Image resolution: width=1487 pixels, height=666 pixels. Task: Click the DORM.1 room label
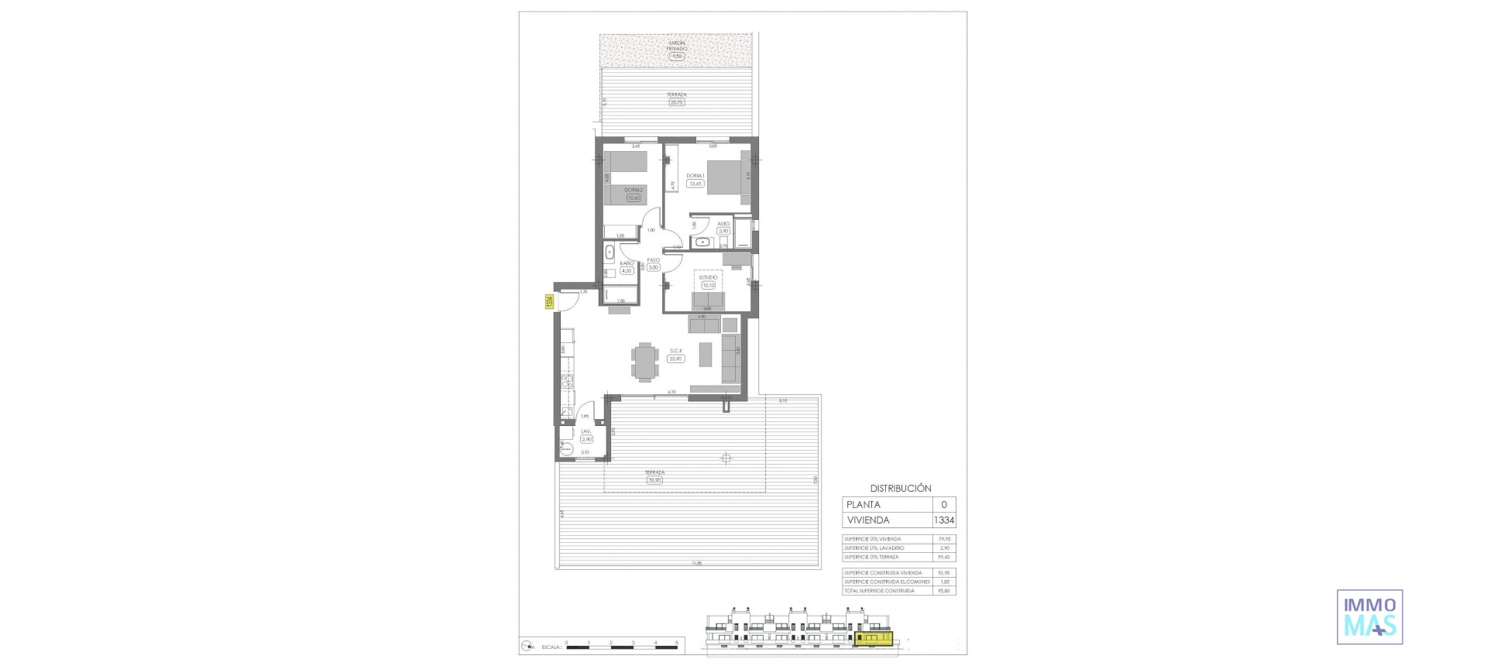[x=694, y=175]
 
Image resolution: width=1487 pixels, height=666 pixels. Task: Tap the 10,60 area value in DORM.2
[x=634, y=198]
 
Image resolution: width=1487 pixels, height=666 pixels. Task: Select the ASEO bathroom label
[x=723, y=224]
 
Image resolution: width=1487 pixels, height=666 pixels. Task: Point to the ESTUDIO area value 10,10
[x=708, y=285]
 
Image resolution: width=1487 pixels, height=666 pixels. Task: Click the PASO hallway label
[x=653, y=260]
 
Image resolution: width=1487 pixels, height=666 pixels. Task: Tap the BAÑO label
[x=627, y=263]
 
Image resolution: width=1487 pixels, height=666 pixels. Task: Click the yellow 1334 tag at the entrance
[x=549, y=302]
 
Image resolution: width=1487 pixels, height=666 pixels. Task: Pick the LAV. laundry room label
[x=586, y=432]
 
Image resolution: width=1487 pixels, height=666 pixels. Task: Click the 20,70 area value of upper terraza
[x=676, y=102]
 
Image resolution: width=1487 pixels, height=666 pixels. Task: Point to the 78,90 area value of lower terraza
[x=654, y=480]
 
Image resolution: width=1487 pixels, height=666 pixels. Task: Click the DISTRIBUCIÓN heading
[x=900, y=489]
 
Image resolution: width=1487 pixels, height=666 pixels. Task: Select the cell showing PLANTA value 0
[x=943, y=505]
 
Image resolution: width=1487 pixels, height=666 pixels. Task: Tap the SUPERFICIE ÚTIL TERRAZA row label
[x=871, y=557]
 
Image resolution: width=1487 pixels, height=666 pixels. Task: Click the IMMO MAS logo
[x=1369, y=617]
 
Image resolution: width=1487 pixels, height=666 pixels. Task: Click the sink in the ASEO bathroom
[x=703, y=242]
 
